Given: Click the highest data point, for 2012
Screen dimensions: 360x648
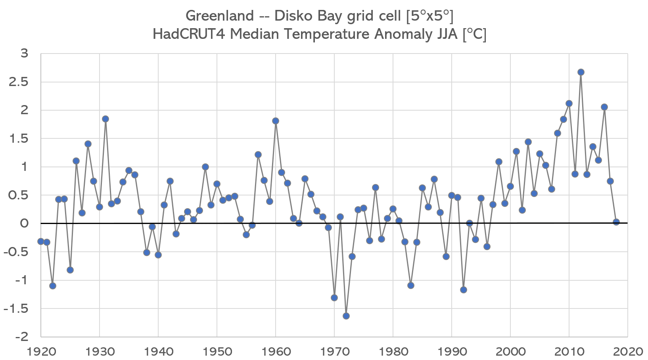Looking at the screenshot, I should point(581,72).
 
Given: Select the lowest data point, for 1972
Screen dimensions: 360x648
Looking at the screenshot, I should point(346,316).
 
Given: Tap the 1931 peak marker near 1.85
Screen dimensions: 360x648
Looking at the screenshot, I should point(105,119).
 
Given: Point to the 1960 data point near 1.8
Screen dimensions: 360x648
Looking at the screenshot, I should point(275,121).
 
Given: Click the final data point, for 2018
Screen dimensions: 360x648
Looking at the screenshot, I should point(616,222).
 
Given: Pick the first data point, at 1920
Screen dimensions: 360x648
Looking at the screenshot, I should point(40,241).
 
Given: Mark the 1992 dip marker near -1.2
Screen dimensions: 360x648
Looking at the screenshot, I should point(463,290).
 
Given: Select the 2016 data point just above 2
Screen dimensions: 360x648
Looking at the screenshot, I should point(604,107).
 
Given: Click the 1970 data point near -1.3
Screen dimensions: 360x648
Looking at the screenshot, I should point(334,298).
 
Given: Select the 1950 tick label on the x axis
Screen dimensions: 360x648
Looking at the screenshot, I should point(217,351).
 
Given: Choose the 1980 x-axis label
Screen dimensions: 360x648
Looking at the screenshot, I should point(393,351).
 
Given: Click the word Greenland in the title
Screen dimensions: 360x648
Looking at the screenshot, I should point(219,16).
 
